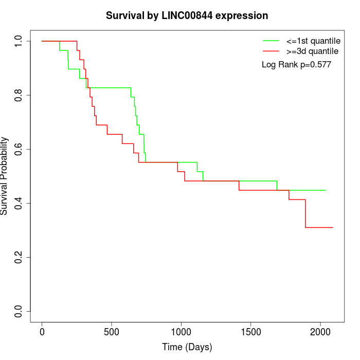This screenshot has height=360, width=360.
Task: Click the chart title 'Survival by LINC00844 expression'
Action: [187, 16]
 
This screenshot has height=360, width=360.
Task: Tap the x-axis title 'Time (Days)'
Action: [187, 347]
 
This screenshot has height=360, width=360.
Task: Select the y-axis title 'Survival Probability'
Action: [5, 176]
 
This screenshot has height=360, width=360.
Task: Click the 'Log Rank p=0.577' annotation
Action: [296, 65]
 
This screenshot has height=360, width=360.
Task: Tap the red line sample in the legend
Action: [271, 51]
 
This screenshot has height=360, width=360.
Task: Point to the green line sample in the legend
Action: [271, 40]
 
